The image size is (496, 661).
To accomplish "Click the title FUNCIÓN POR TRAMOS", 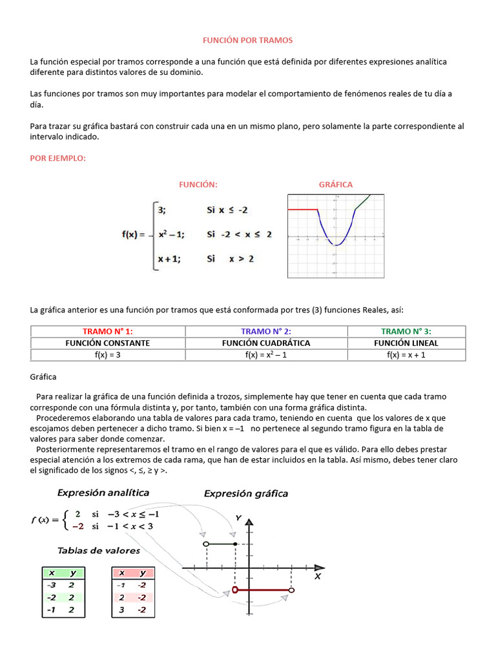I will click(x=248, y=40).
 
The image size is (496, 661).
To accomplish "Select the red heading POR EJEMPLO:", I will click(x=58, y=158).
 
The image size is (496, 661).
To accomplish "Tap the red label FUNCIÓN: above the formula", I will click(x=198, y=185).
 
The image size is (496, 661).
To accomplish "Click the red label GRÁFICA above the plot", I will click(x=336, y=185).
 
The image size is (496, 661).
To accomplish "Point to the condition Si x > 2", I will click(x=230, y=259).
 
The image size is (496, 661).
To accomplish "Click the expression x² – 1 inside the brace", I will click(x=171, y=234).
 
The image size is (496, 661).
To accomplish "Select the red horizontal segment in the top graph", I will click(x=302, y=210).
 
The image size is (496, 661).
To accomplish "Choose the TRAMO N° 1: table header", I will click(x=108, y=331).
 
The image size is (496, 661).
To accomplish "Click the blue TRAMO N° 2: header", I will click(x=266, y=331).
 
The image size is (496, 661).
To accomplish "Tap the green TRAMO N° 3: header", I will click(x=406, y=331).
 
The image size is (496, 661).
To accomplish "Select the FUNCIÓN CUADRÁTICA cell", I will click(x=266, y=343).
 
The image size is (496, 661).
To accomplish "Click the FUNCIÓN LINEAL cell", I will click(x=406, y=343).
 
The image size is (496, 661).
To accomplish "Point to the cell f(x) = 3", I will click(x=108, y=354).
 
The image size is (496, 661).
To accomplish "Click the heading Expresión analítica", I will click(x=103, y=493).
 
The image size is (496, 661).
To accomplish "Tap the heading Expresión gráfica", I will click(x=246, y=494).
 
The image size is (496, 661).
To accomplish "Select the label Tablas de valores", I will click(x=99, y=551).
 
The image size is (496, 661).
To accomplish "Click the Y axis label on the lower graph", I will click(x=239, y=518).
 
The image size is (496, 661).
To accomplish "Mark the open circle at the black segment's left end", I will click(x=205, y=545).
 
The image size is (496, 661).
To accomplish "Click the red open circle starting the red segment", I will click(x=235, y=590).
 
